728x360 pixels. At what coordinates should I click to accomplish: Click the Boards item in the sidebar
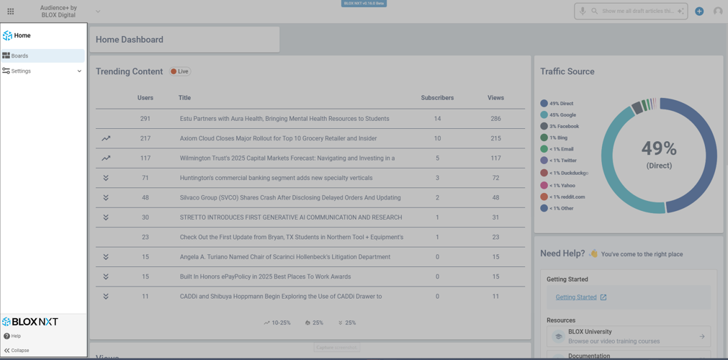[20, 56]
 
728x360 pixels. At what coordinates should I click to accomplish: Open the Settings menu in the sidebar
[22, 71]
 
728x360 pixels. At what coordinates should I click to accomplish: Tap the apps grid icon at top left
[11, 12]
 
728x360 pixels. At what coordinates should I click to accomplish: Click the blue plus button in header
[699, 12]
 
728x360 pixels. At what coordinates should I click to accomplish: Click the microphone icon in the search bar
[583, 12]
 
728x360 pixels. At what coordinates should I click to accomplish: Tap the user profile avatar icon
[718, 12]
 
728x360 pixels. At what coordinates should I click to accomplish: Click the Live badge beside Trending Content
[180, 71]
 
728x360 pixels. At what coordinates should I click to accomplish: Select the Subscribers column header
[437, 98]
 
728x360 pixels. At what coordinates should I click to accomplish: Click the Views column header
[495, 98]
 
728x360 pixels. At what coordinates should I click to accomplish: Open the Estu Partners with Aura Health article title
[284, 119]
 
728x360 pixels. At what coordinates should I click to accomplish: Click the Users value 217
[145, 138]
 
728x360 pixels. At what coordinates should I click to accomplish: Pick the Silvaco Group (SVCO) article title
[290, 198]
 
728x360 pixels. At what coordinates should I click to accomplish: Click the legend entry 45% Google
[562, 115]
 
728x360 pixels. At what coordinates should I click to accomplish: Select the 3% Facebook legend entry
[564, 127]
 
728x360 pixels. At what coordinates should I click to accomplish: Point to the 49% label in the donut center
[659, 149]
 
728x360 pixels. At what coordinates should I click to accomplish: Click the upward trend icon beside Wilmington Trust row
[106, 158]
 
